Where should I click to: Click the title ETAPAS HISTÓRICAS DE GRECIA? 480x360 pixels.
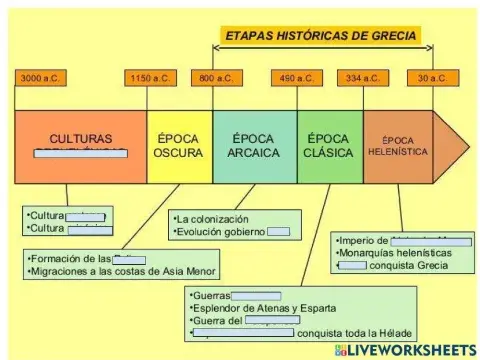321,34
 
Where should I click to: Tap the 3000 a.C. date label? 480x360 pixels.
39,77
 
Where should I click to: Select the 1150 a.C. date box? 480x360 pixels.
151,77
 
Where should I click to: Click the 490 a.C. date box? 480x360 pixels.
295,77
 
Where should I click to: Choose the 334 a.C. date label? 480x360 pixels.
362,77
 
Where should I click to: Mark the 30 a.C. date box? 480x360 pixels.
431,77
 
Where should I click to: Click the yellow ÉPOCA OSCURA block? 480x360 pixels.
179,146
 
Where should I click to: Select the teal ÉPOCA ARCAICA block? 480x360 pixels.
254,146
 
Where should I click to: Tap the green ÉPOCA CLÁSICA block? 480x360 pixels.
329,146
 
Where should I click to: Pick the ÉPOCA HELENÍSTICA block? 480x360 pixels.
398,146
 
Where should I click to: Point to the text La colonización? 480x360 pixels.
214,219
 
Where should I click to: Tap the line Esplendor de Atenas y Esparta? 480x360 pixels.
265,308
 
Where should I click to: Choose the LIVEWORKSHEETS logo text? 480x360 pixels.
412,350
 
